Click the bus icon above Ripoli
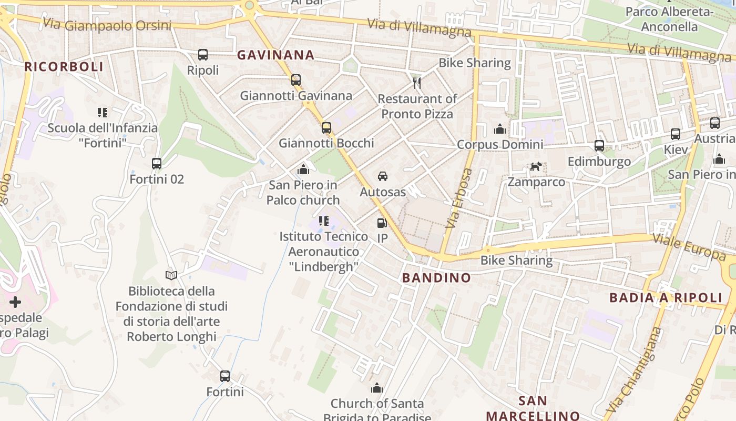pyautogui.click(x=203, y=54)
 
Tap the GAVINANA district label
pyautogui.click(x=275, y=55)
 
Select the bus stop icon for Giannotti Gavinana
pyautogui.click(x=296, y=80)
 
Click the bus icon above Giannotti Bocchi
pyautogui.click(x=326, y=127)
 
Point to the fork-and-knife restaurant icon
pyautogui.click(x=417, y=83)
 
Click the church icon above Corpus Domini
pyautogui.click(x=499, y=128)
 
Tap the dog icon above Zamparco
pyautogui.click(x=536, y=167)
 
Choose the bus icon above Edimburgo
pyautogui.click(x=599, y=146)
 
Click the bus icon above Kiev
pyautogui.click(x=676, y=134)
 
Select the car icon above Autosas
pyautogui.click(x=383, y=176)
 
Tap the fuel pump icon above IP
pyautogui.click(x=382, y=223)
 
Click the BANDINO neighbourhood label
pyautogui.click(x=436, y=278)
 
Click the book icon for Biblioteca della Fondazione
pyautogui.click(x=171, y=275)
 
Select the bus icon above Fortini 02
pyautogui.click(x=157, y=164)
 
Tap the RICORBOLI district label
pyautogui.click(x=64, y=67)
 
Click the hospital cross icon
pyautogui.click(x=15, y=302)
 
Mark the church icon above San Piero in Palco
pyautogui.click(x=303, y=169)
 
